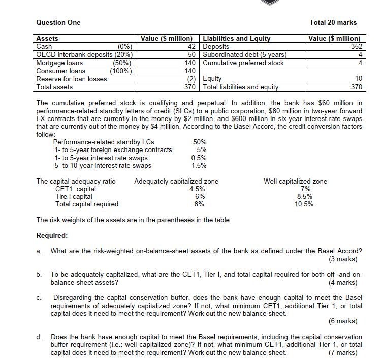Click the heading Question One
(x=58, y=22)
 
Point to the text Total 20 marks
(x=333, y=22)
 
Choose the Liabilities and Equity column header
(x=237, y=38)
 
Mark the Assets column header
(x=48, y=38)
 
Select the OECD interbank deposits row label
(x=84, y=54)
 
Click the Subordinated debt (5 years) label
(x=245, y=54)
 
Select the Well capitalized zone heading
(x=295, y=181)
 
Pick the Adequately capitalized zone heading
(x=176, y=181)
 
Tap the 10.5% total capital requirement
(x=304, y=204)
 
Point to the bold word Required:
(x=52, y=236)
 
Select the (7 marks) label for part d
(x=343, y=352)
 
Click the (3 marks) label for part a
(x=343, y=259)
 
